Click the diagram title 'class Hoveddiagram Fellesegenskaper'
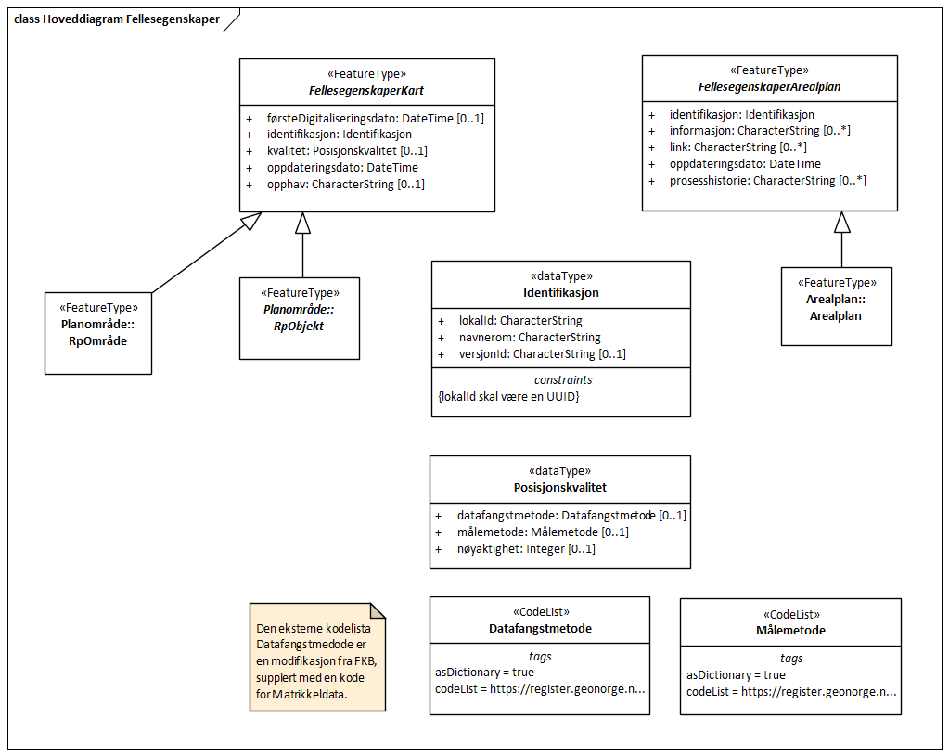click(x=117, y=19)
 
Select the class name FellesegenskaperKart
click(x=366, y=90)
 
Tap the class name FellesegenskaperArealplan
click(x=769, y=86)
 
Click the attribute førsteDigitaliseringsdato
click(x=364, y=118)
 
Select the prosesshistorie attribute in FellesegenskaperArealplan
click(x=767, y=181)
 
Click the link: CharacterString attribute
click(x=737, y=147)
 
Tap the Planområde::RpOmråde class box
click(x=98, y=333)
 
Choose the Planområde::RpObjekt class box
click(x=299, y=318)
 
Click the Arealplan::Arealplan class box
click(x=836, y=307)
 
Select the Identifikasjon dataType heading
click(x=560, y=292)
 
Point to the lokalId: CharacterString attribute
click(x=519, y=321)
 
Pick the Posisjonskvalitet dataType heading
click(x=559, y=487)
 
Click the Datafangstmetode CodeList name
click(x=540, y=628)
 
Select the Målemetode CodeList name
click(x=790, y=630)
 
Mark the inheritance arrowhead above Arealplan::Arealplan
click(x=841, y=222)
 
